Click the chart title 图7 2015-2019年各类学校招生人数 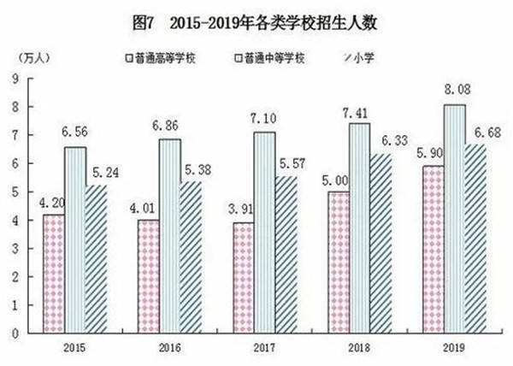pos(255,24)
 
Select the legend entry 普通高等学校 pos(162,58)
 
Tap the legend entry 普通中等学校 pos(270,58)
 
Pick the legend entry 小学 pos(359,58)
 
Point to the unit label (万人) pos(34,58)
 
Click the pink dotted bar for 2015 pos(54,274)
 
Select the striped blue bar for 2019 pos(455,219)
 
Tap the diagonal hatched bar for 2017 pos(286,255)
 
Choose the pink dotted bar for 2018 pos(339,263)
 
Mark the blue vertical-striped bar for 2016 pos(170,236)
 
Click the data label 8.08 pos(457,90)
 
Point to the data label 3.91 pos(241,210)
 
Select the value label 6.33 pos(395,140)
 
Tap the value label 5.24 pos(105,173)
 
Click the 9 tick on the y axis pos(15,79)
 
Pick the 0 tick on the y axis pos(15,334)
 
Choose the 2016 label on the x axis pos(170,348)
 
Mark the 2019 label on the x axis pos(454,348)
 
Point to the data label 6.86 pos(166,126)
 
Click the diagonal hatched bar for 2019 pos(476,239)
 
